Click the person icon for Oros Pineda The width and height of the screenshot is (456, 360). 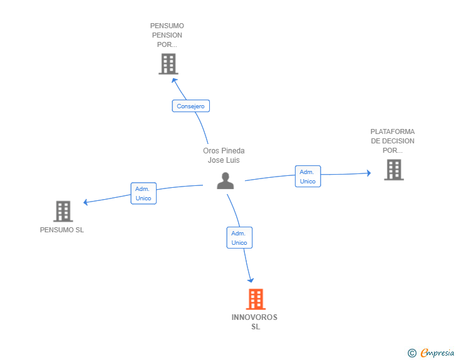[225, 180]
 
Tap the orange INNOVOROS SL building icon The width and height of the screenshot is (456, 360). [255, 299]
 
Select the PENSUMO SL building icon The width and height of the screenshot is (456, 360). [63, 212]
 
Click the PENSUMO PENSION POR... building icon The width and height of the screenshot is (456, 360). [168, 64]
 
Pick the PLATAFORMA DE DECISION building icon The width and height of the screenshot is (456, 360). [393, 170]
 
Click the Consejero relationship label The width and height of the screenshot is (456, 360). [190, 106]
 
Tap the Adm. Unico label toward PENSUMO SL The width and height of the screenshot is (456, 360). [143, 193]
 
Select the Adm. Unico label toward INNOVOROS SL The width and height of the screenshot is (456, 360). [239, 238]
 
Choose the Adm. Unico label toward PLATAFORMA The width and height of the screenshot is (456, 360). [308, 177]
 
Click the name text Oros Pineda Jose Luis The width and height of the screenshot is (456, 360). [224, 155]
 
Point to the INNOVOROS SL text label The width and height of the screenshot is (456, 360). [254, 322]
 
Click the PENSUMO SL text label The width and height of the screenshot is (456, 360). [62, 230]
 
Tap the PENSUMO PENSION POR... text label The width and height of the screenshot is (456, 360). [167, 35]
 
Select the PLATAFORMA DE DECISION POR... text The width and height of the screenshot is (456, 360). [393, 141]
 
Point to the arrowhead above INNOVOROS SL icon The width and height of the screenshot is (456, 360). [251, 279]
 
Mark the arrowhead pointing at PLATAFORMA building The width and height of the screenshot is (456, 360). [368, 172]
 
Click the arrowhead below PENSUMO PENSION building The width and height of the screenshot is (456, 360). [175, 79]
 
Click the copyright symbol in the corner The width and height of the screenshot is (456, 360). [412, 353]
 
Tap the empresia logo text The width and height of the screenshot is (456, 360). [437, 352]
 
